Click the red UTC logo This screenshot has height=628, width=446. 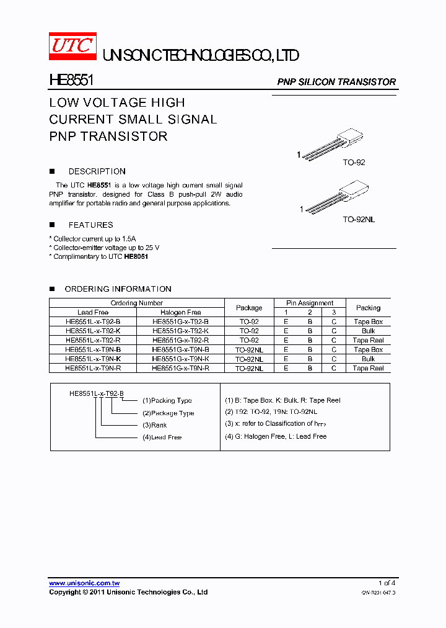[72, 47]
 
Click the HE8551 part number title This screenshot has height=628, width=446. [71, 81]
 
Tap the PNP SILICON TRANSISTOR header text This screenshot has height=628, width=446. [336, 82]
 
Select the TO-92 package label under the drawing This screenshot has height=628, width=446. [354, 163]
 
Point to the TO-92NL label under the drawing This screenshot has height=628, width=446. [359, 220]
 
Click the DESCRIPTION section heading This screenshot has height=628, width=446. [97, 171]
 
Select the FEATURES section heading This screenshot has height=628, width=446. [90, 225]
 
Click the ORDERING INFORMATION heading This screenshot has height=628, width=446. [118, 289]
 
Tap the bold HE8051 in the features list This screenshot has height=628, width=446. [136, 256]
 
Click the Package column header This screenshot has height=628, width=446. [249, 308]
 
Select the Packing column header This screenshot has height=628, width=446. [368, 308]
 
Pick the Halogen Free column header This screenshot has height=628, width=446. [181, 312]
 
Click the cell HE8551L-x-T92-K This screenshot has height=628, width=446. [93, 331]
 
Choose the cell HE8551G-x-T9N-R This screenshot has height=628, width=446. [181, 368]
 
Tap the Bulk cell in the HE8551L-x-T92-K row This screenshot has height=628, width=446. [368, 331]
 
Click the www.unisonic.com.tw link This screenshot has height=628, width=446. [84, 583]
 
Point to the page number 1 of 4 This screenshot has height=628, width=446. [387, 583]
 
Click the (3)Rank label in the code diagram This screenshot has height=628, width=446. [155, 425]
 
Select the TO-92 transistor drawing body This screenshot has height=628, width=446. [351, 138]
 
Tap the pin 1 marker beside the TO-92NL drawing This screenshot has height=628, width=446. [302, 210]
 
